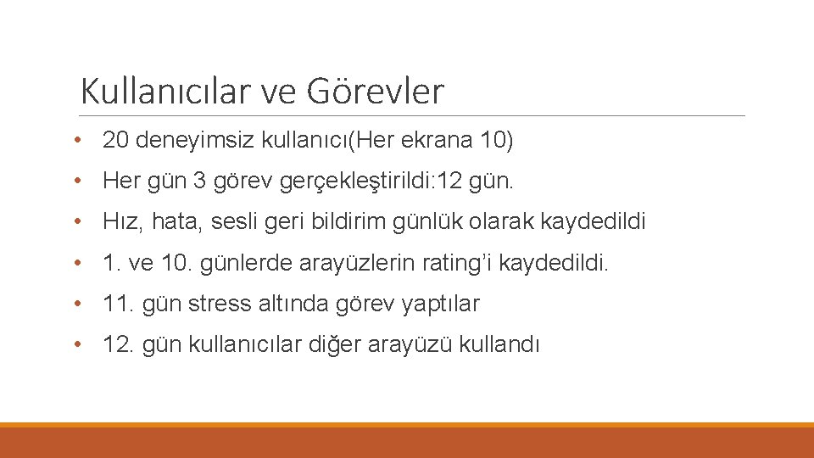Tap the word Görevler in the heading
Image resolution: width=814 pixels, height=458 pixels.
375,91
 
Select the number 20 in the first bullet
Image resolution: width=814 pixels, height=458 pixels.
114,140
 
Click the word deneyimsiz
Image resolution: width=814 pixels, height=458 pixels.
177,140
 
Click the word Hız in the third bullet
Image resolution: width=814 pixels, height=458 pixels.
118,222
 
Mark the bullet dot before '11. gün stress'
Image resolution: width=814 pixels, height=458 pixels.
77,304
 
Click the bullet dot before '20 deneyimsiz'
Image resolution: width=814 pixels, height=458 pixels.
77,140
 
